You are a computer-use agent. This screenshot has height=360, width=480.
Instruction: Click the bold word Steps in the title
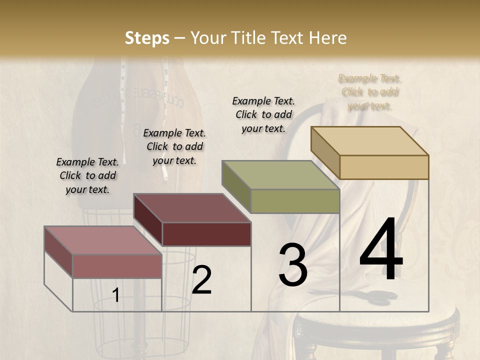(x=147, y=38)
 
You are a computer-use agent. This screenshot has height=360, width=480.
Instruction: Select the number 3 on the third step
(x=292, y=265)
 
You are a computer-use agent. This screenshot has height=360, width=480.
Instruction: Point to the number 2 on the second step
(x=201, y=280)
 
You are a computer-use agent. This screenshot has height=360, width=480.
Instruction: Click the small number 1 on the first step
(x=115, y=295)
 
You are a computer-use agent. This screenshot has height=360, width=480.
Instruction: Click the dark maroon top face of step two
(x=192, y=208)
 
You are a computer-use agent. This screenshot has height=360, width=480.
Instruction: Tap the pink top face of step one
(x=103, y=240)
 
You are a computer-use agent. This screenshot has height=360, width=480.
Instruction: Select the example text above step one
(x=87, y=175)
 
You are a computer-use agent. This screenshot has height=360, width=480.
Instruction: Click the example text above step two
(x=174, y=146)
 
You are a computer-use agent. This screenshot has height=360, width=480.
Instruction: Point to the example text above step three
(x=263, y=114)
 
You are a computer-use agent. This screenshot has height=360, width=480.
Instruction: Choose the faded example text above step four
(x=370, y=92)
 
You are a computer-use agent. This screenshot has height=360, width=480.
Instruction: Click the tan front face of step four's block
(x=384, y=167)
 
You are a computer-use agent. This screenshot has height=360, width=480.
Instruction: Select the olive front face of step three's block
(x=295, y=201)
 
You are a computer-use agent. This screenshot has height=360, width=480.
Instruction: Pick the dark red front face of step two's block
(x=206, y=234)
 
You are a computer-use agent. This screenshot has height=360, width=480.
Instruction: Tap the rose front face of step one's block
(x=117, y=266)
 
